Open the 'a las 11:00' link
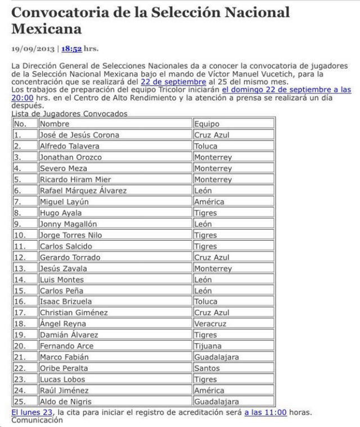pyautogui.click(x=265, y=412)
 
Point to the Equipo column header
pyautogui.click(x=207, y=123)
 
